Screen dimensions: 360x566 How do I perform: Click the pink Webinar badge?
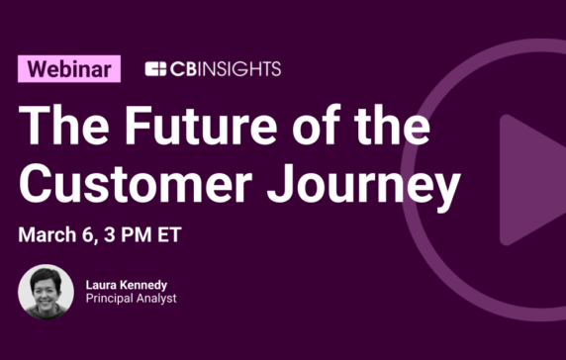[69, 68]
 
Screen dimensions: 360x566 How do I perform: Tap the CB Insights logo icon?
[155, 69]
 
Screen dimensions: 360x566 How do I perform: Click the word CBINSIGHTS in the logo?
[226, 69]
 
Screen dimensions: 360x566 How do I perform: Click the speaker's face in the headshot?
[45, 288]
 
